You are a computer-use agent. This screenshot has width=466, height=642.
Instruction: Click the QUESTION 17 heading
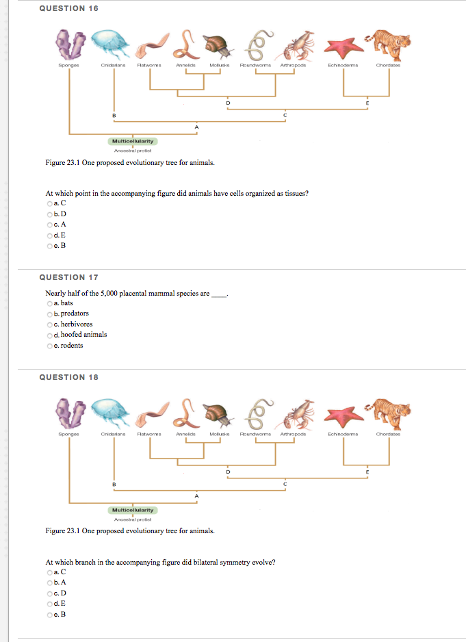68,277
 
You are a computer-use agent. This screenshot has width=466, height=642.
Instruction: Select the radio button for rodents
49,346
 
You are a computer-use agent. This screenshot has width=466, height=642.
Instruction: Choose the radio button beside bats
49,303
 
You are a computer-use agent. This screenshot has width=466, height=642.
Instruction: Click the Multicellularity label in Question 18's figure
133,510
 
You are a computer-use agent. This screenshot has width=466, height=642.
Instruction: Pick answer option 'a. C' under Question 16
49,203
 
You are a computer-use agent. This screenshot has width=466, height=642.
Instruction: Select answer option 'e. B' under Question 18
49,615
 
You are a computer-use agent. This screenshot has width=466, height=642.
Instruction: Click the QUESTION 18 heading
68,377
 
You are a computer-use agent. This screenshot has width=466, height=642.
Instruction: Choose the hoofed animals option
49,335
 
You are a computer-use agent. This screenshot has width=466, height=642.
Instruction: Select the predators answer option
49,313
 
